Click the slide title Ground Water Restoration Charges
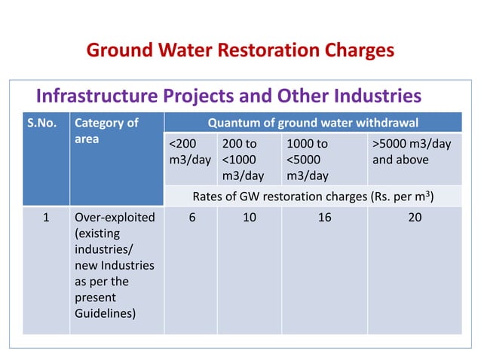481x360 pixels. click(240, 50)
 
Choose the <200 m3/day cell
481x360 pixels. click(190, 151)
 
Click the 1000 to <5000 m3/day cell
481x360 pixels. click(308, 159)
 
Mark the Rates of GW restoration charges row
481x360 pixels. click(313, 197)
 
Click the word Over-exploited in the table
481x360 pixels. click(114, 218)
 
